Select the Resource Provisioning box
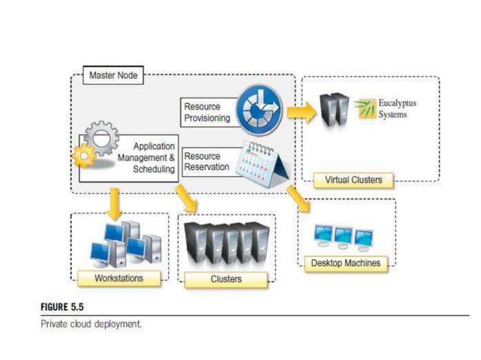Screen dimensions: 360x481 208,113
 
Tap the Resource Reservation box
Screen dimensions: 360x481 207,161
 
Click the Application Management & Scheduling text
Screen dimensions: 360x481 146,157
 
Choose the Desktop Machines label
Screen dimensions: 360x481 346,263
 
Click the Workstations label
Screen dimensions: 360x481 119,279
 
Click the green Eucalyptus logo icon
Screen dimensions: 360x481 364,108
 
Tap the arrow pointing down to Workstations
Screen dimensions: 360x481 115,203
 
